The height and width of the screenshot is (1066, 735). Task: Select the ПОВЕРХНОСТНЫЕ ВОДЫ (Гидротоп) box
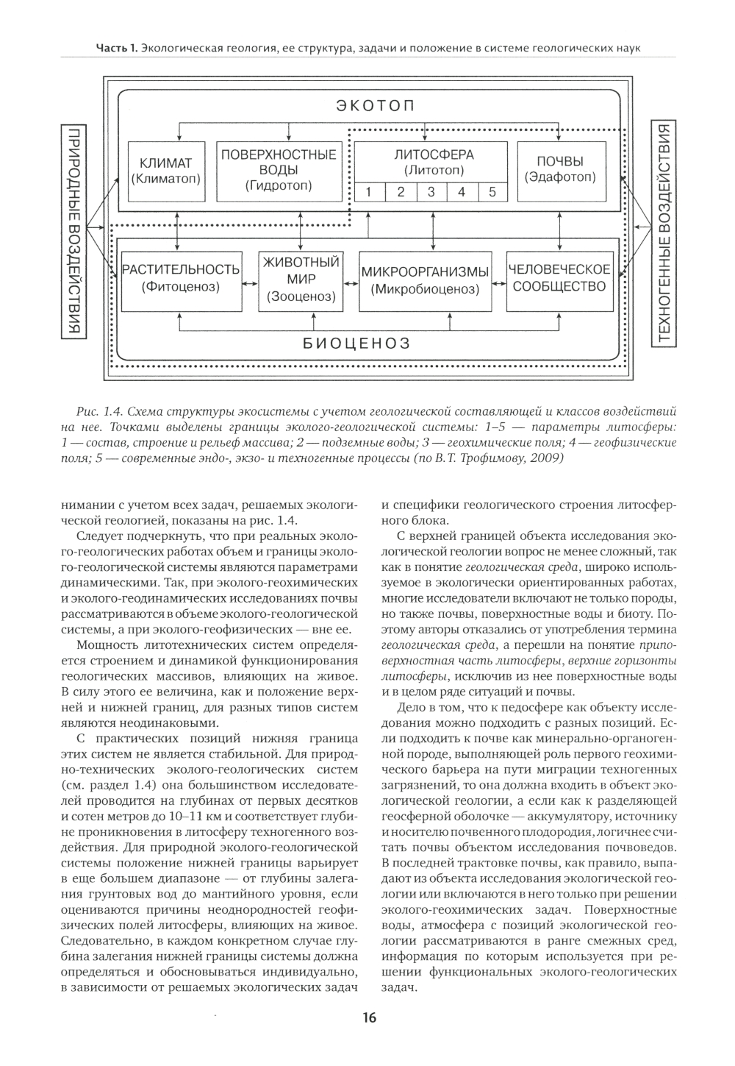tap(279, 170)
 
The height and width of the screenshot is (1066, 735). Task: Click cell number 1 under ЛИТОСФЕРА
tap(370, 193)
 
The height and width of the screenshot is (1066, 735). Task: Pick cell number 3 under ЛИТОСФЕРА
tap(431, 193)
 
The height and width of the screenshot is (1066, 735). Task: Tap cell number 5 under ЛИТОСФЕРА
tap(492, 193)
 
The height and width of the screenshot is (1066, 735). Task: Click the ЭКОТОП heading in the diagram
tap(376, 105)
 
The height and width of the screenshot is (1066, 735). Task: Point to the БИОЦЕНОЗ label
tap(356, 343)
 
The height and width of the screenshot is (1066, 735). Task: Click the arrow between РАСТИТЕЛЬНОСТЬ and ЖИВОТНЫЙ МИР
tap(250, 280)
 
